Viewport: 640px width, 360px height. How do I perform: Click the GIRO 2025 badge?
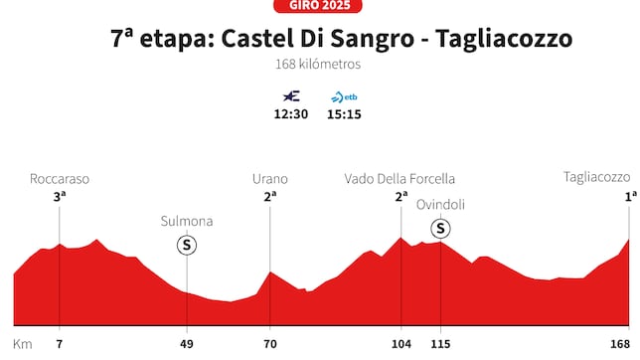[x=319, y=5]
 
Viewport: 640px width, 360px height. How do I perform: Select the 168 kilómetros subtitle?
[x=318, y=65]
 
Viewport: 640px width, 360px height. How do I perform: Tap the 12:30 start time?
[x=291, y=114]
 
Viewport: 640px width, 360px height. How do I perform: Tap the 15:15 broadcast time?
[x=344, y=114]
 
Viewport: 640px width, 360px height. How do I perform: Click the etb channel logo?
[x=344, y=96]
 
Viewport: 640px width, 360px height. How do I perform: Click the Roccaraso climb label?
[x=60, y=179]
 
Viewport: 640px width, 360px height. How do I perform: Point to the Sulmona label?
[x=187, y=221]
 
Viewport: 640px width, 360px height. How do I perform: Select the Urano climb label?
[x=269, y=179]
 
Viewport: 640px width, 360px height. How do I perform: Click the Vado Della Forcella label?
[x=400, y=179]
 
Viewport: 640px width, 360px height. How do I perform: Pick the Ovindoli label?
[x=440, y=205]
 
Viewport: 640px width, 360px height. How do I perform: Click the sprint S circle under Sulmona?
[x=187, y=245]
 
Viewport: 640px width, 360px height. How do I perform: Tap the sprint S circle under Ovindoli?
[x=440, y=230]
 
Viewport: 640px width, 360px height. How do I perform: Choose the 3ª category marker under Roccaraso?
[x=60, y=197]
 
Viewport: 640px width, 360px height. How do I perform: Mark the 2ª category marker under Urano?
[x=269, y=197]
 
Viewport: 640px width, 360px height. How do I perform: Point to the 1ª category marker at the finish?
[x=630, y=197]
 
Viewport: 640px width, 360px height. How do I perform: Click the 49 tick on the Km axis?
[x=187, y=344]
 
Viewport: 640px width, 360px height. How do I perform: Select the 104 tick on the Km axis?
[x=400, y=344]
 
